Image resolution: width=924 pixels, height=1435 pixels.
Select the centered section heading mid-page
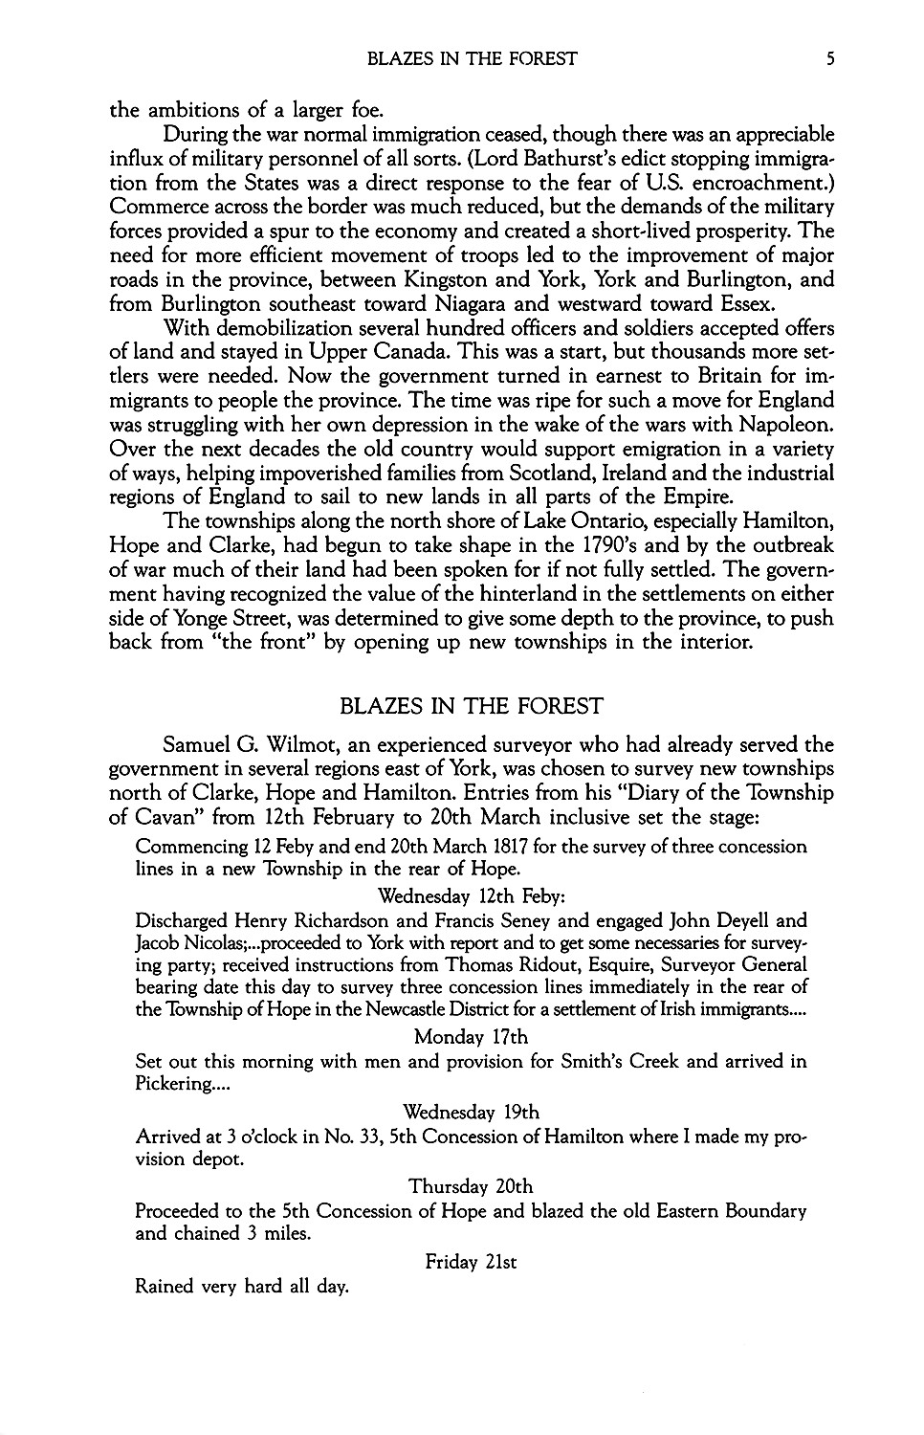tap(472, 707)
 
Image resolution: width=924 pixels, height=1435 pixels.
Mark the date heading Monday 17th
tap(471, 1036)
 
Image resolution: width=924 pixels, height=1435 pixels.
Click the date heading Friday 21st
tap(471, 1262)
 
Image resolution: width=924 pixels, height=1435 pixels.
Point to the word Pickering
tap(175, 1085)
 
